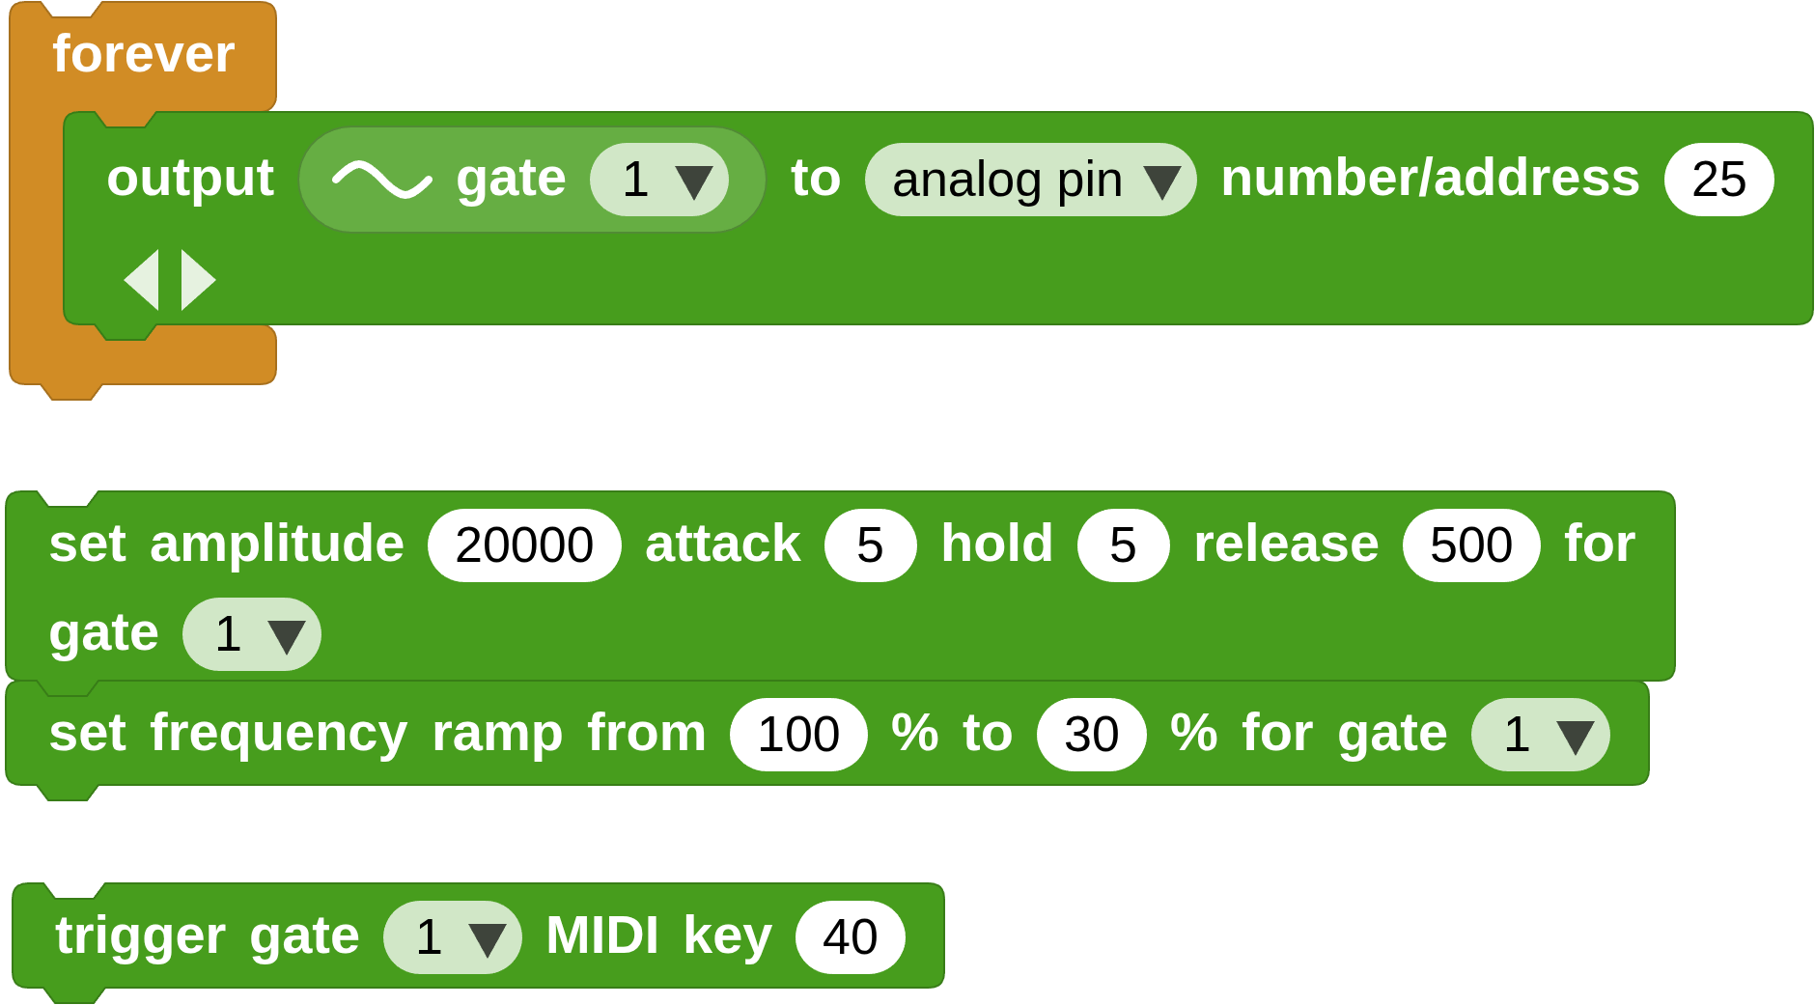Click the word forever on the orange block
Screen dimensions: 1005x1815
(143, 54)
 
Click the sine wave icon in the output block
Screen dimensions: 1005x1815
(381, 180)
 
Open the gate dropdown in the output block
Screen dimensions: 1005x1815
(659, 180)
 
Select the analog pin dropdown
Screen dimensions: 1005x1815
(1030, 180)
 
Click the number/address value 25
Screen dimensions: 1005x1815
(1718, 180)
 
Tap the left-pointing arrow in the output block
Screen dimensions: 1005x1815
(142, 280)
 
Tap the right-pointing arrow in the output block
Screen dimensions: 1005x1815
(197, 280)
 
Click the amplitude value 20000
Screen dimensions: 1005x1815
(524, 545)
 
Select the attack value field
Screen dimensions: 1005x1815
(870, 545)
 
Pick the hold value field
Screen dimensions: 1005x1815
(1123, 545)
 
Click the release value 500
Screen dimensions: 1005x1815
(1470, 545)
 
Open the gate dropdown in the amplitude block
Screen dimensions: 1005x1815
(252, 634)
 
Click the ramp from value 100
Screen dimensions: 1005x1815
(798, 735)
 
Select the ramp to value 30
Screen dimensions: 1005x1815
(1091, 735)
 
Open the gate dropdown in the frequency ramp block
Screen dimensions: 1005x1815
(1540, 735)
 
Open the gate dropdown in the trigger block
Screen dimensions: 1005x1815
(453, 937)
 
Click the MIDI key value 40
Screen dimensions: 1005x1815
(850, 937)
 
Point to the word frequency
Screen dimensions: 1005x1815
(278, 734)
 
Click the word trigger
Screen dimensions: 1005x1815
(140, 936)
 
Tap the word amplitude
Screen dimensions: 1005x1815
(276, 544)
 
